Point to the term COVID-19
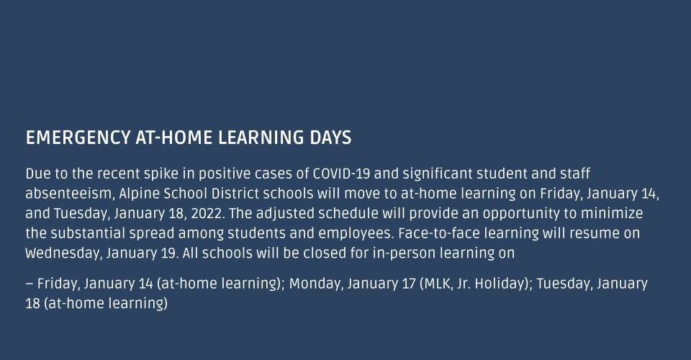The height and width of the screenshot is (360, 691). pos(341,174)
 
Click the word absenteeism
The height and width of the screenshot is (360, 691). pos(68,194)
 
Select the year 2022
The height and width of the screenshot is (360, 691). pos(207,214)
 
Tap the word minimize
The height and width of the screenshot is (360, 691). pos(612,214)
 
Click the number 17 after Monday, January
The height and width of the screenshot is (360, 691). pos(409,284)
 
